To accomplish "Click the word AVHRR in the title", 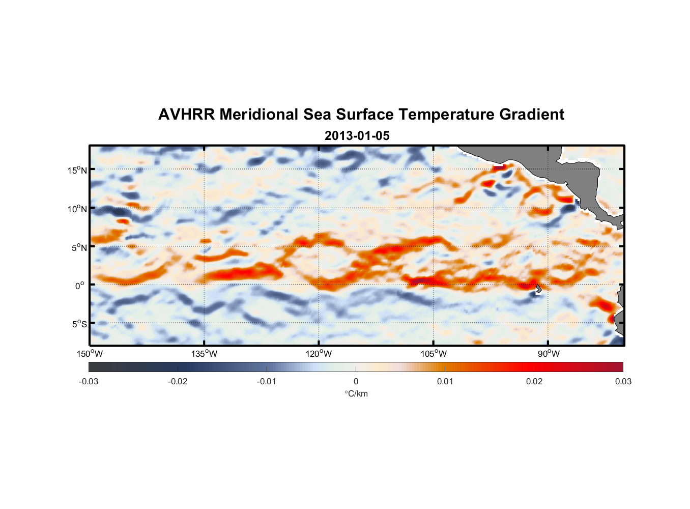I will point(186,115).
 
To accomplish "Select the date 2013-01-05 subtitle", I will point(357,136).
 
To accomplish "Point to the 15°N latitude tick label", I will point(77,170).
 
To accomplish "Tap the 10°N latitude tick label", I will point(77,209).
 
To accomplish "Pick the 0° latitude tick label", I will point(80,286).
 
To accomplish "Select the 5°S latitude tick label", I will point(79,324).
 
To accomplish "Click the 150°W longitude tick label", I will point(90,354).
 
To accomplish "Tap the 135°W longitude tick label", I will point(204,354).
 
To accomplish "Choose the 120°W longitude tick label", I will point(319,354).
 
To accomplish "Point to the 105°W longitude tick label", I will point(434,354).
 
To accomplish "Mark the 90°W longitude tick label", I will point(548,354).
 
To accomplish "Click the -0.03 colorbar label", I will point(89,381).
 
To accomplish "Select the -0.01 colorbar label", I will point(267,381).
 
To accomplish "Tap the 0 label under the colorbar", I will point(356,381).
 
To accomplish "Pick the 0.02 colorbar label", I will point(534,381).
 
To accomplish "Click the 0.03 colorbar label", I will point(623,381).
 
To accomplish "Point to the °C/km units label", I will point(356,393).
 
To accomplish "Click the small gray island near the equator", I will point(538,289).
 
